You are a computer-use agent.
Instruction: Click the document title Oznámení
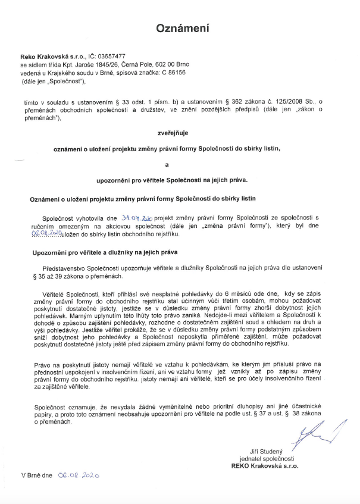[183, 29]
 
